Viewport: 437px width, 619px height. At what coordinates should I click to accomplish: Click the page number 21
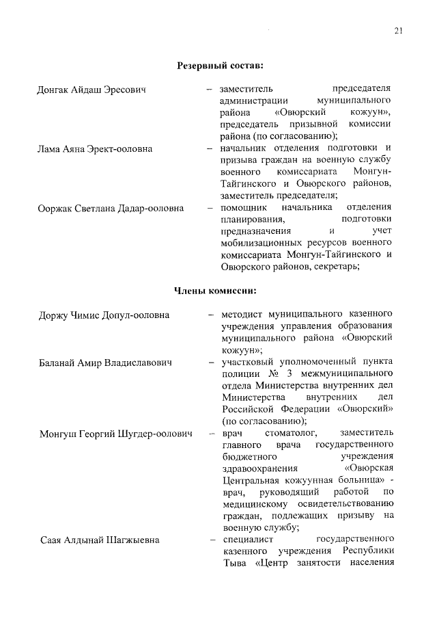point(399,29)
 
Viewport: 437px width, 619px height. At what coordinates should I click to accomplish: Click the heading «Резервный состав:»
point(220,66)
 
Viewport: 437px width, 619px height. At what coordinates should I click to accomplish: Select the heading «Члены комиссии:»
point(216,292)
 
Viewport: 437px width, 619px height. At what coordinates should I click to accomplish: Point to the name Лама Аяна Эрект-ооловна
point(95,148)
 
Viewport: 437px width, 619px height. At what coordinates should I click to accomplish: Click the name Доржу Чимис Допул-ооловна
point(104,315)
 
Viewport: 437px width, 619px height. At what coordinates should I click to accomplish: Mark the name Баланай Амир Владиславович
point(104,362)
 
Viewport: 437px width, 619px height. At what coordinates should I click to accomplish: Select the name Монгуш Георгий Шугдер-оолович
point(115,434)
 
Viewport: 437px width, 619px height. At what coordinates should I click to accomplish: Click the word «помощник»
point(245,207)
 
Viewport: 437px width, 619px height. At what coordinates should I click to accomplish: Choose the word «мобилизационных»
point(266,243)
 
